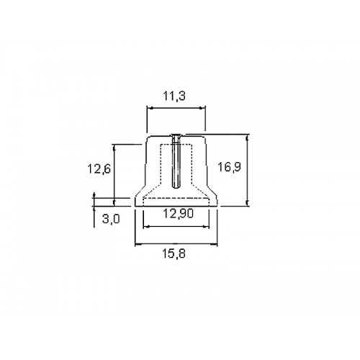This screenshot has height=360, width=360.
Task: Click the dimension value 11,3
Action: pyautogui.click(x=174, y=96)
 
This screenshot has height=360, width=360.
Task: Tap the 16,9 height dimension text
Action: pyautogui.click(x=229, y=167)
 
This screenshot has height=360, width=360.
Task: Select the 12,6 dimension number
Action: pyautogui.click(x=99, y=168)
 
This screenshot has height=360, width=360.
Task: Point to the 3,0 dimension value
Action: pyautogui.click(x=111, y=219)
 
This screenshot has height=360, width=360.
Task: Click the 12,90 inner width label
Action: pyautogui.click(x=178, y=213)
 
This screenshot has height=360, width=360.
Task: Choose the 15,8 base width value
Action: pyautogui.click(x=174, y=253)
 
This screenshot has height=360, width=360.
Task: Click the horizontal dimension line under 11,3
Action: pyautogui.click(x=176, y=108)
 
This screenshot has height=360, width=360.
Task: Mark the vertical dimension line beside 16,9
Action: pyautogui.click(x=248, y=170)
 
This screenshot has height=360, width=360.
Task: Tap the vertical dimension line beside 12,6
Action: pyautogui.click(x=114, y=175)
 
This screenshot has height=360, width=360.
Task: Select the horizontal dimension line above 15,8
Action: pyautogui.click(x=176, y=244)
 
